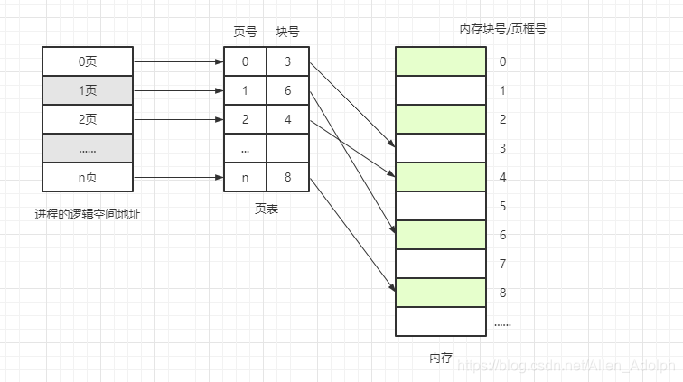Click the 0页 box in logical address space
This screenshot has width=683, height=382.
(x=88, y=61)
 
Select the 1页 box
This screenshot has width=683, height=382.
(x=88, y=90)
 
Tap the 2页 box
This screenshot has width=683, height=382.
(x=88, y=119)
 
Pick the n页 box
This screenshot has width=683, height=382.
(x=88, y=177)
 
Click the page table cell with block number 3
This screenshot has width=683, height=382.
(x=288, y=61)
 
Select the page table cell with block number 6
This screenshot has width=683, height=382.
(x=288, y=90)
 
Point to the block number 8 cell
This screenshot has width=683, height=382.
(x=288, y=177)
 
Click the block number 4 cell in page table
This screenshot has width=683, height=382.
(x=288, y=119)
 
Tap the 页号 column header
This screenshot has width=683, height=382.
(x=245, y=32)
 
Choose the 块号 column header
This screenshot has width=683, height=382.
(x=288, y=32)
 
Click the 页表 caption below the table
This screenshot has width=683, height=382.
(x=267, y=209)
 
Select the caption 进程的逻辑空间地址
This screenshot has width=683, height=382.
(x=88, y=215)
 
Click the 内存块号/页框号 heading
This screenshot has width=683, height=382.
(x=502, y=29)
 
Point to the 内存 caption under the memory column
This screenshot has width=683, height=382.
(x=441, y=359)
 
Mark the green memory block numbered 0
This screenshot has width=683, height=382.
(x=441, y=61)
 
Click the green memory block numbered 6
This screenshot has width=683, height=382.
(x=441, y=235)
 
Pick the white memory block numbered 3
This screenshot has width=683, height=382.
(x=441, y=148)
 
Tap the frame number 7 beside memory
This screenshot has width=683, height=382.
(x=503, y=264)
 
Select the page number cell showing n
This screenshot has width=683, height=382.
(x=245, y=177)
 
